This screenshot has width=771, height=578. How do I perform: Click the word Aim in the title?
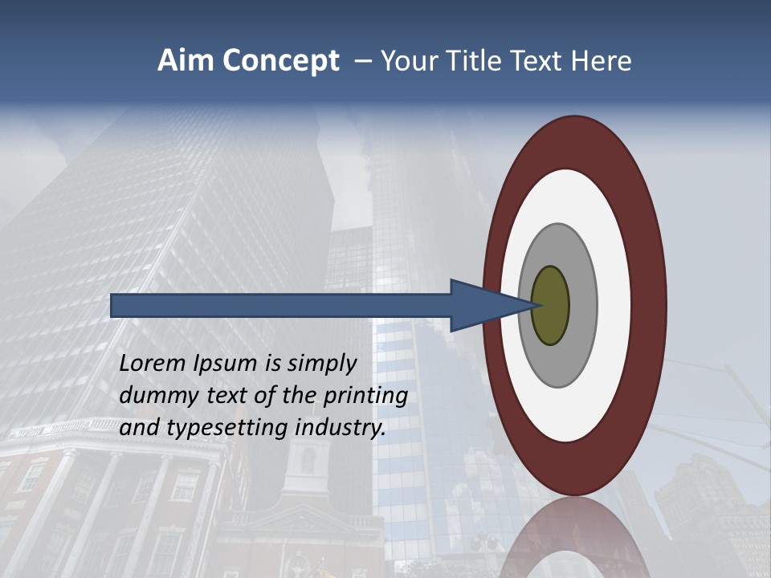(186, 61)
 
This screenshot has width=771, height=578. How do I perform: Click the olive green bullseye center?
(551, 306)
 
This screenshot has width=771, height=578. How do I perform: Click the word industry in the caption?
(341, 429)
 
